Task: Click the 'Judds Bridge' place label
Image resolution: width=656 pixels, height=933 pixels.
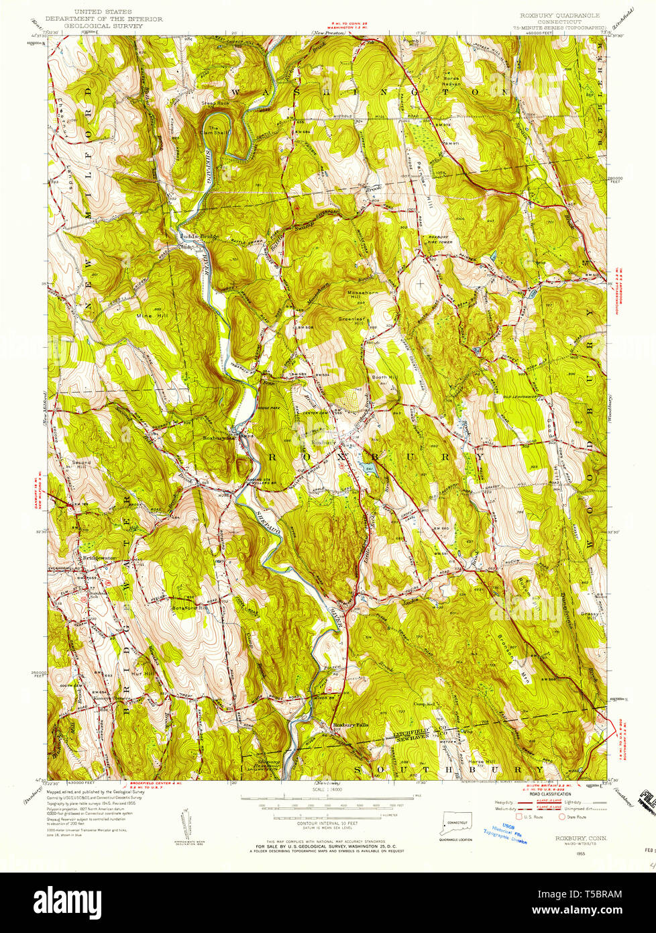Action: pyautogui.click(x=195, y=236)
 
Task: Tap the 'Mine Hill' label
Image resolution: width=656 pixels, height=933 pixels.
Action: pyautogui.click(x=152, y=315)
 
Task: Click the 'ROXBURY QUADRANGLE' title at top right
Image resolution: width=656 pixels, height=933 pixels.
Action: pyautogui.click(x=559, y=14)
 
